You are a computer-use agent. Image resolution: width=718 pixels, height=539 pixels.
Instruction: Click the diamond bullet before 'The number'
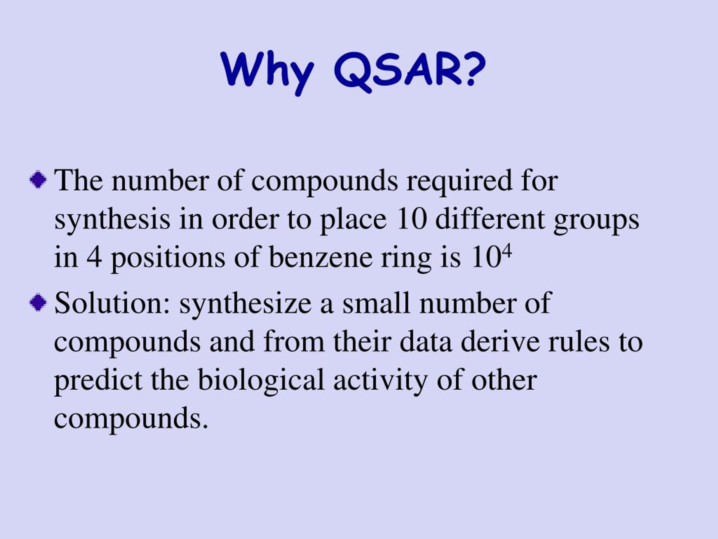(x=38, y=179)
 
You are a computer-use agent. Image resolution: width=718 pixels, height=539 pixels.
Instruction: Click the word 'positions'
(x=168, y=259)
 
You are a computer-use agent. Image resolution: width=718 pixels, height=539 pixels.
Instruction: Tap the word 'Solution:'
(x=112, y=303)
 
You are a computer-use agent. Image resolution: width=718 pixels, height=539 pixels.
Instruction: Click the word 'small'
(x=376, y=303)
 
